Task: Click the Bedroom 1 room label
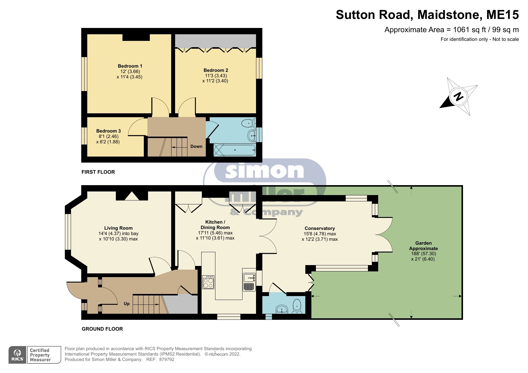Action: coord(130,66)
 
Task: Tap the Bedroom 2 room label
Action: coord(216,70)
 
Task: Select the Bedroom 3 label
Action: coord(108,131)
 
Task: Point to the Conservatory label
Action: coord(320,228)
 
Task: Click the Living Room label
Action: coord(118,228)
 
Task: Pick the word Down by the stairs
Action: coord(196,146)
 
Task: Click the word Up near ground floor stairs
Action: coord(127,304)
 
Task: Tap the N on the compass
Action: coord(458,97)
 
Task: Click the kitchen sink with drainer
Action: coord(249,282)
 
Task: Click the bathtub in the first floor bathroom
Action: coord(235,150)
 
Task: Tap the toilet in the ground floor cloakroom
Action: coord(297,306)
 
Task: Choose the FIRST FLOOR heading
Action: coord(98,172)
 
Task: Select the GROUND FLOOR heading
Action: coord(102,329)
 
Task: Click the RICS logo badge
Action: coord(17,355)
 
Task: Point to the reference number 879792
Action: coord(167,359)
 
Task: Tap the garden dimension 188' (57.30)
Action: coord(423,254)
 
